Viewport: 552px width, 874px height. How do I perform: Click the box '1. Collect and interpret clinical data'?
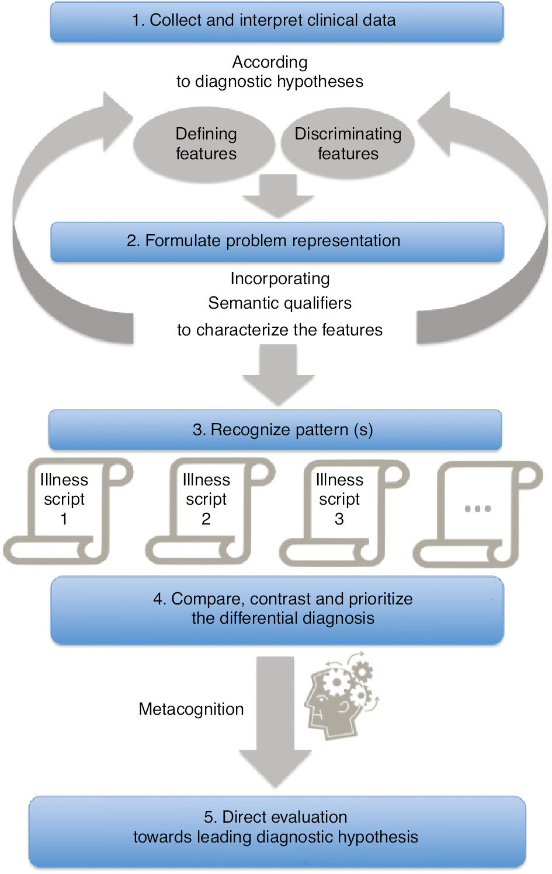point(276,21)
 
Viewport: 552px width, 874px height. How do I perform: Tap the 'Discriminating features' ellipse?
point(348,144)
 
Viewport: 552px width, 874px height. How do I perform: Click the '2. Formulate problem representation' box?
point(276,241)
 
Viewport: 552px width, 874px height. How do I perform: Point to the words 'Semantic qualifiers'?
point(280,303)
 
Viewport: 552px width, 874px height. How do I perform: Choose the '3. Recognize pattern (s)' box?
point(275,429)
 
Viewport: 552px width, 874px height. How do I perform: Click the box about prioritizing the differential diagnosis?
point(276,609)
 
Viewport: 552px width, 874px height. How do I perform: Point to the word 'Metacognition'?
point(191,709)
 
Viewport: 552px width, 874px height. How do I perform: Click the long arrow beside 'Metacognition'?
point(275,723)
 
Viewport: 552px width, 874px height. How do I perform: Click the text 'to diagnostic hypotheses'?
point(270,82)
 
